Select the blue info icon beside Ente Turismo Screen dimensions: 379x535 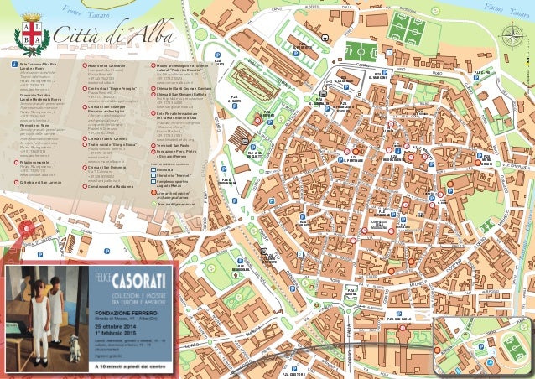pyautogui.click(x=13, y=64)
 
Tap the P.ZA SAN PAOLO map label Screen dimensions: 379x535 pyautogui.click(x=398, y=319)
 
